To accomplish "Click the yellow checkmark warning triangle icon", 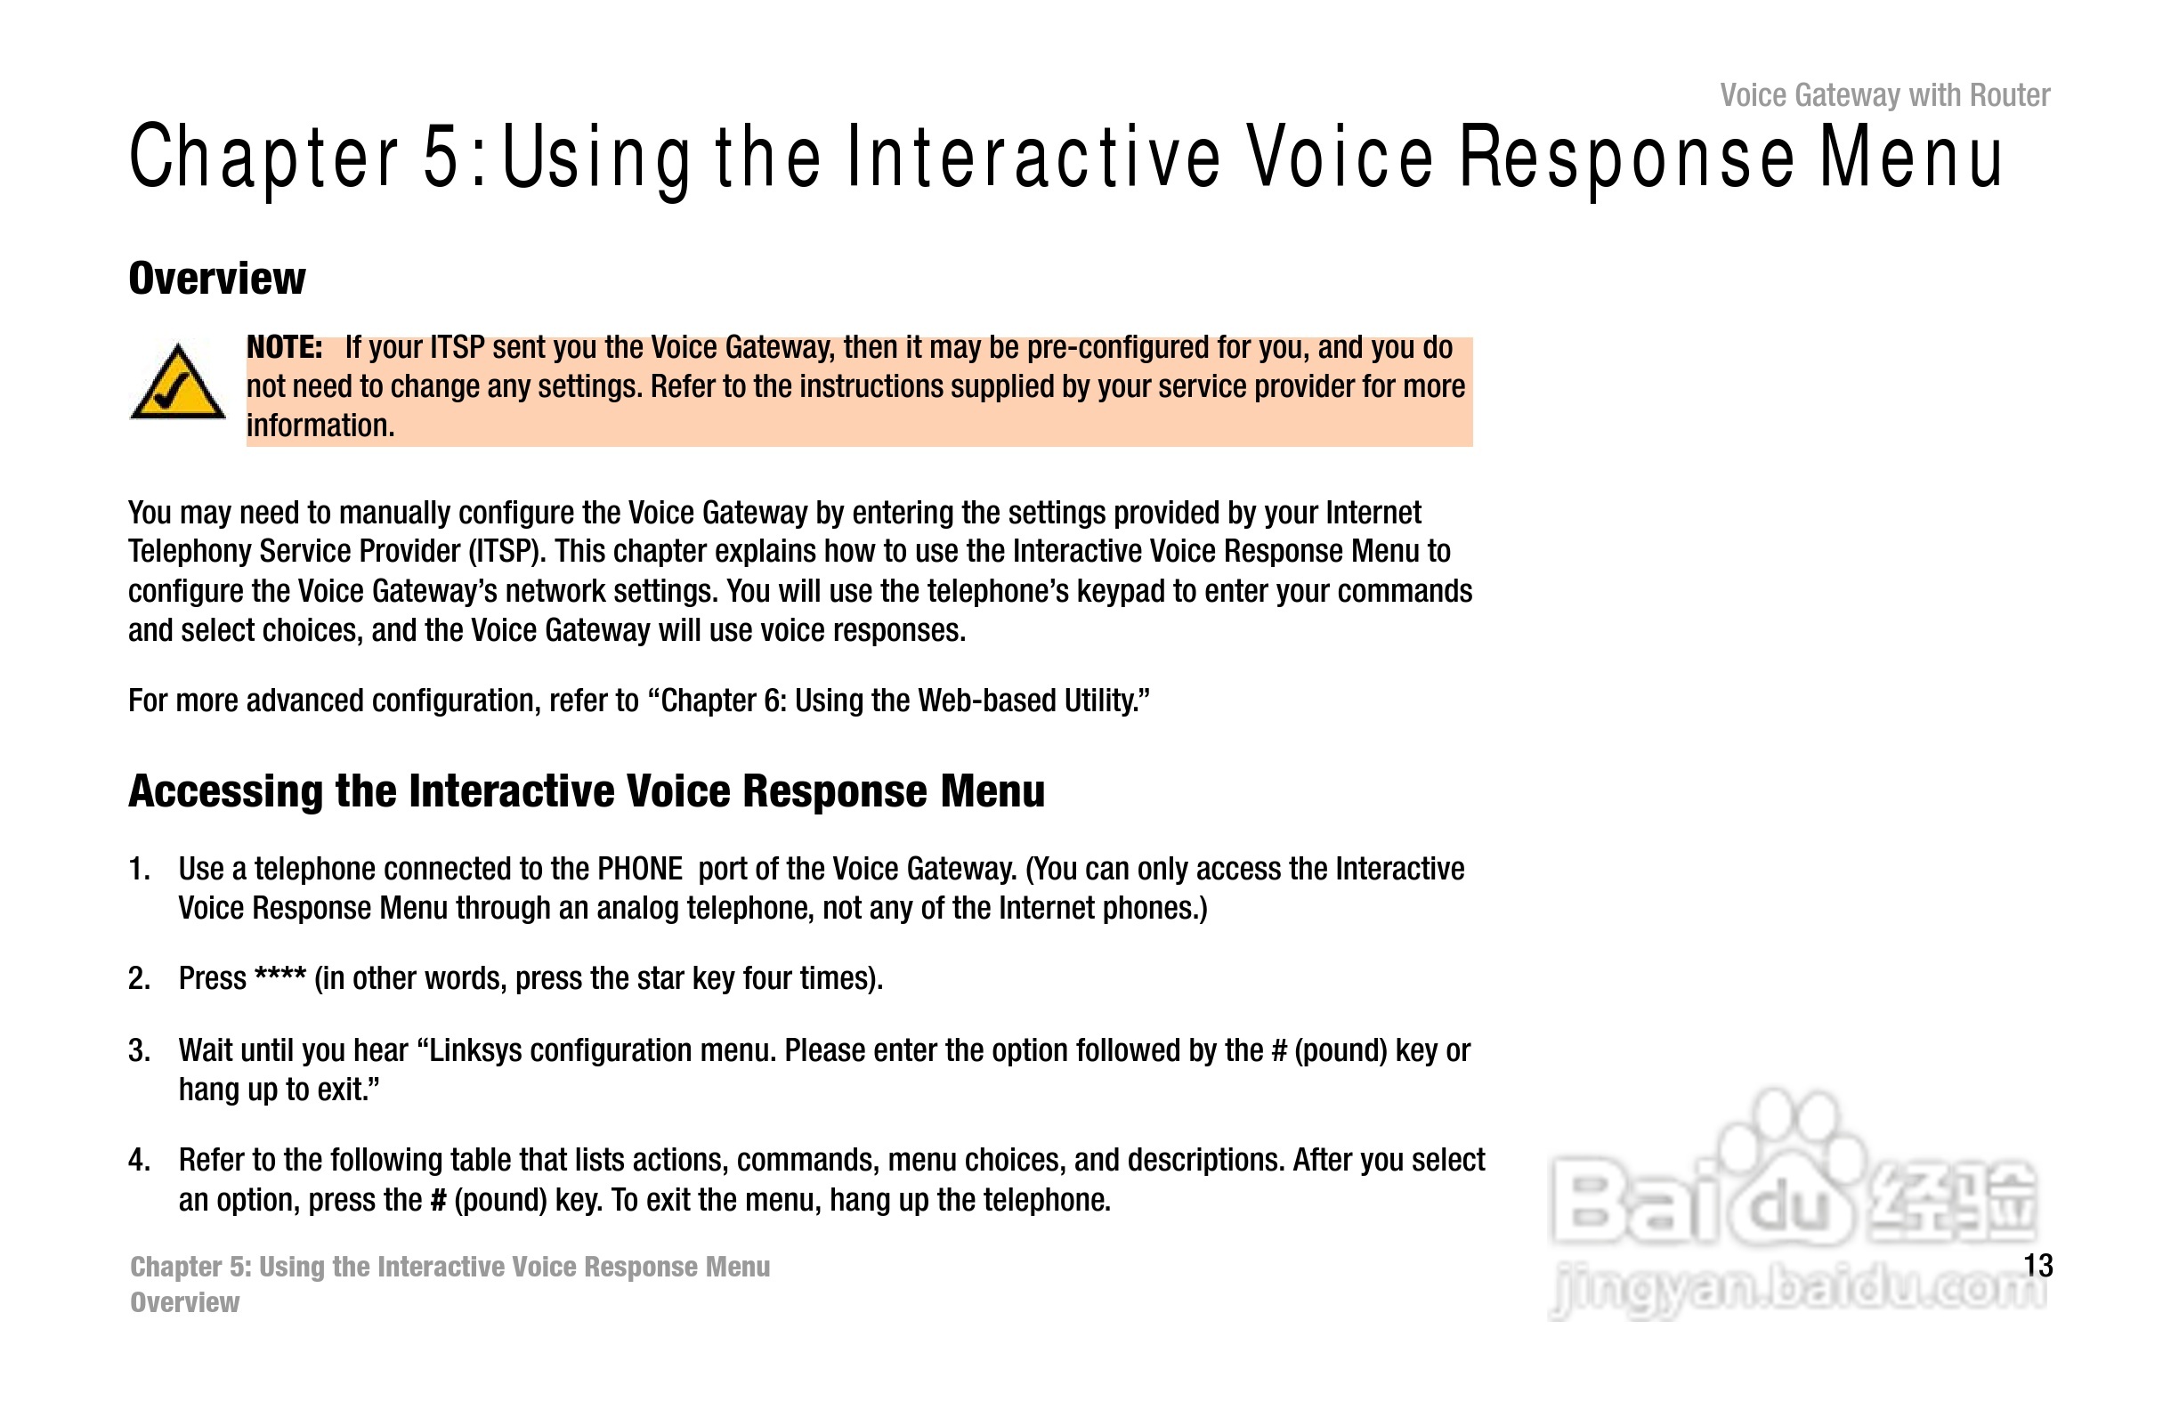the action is [x=178, y=382].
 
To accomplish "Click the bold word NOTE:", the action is [x=284, y=348].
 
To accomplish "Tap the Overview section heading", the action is [x=217, y=279].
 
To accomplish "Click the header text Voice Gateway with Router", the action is [x=1885, y=95].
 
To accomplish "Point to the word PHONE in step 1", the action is [x=640, y=869].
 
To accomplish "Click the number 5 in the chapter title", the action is [x=441, y=158].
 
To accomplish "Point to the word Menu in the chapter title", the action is [x=1912, y=158].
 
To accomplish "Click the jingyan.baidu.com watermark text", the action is [x=1797, y=1290].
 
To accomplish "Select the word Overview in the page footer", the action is [x=185, y=1302].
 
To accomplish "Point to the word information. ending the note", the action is [x=320, y=425].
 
